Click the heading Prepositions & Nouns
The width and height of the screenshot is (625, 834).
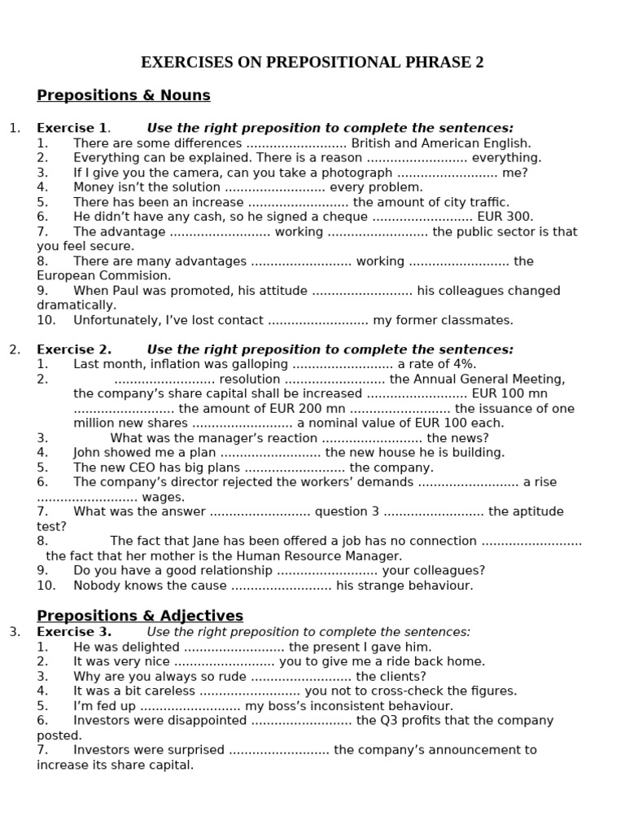coord(124,95)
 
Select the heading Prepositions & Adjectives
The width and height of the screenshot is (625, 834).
coord(140,616)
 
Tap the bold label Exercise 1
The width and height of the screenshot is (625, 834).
coord(72,128)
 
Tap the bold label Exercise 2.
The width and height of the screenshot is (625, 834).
coord(73,349)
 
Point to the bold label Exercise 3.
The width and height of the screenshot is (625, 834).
coord(73,631)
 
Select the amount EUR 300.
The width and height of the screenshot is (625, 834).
coord(505,217)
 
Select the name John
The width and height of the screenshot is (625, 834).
coord(89,453)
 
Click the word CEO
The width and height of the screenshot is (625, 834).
coord(141,467)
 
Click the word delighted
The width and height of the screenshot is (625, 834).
coord(147,647)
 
